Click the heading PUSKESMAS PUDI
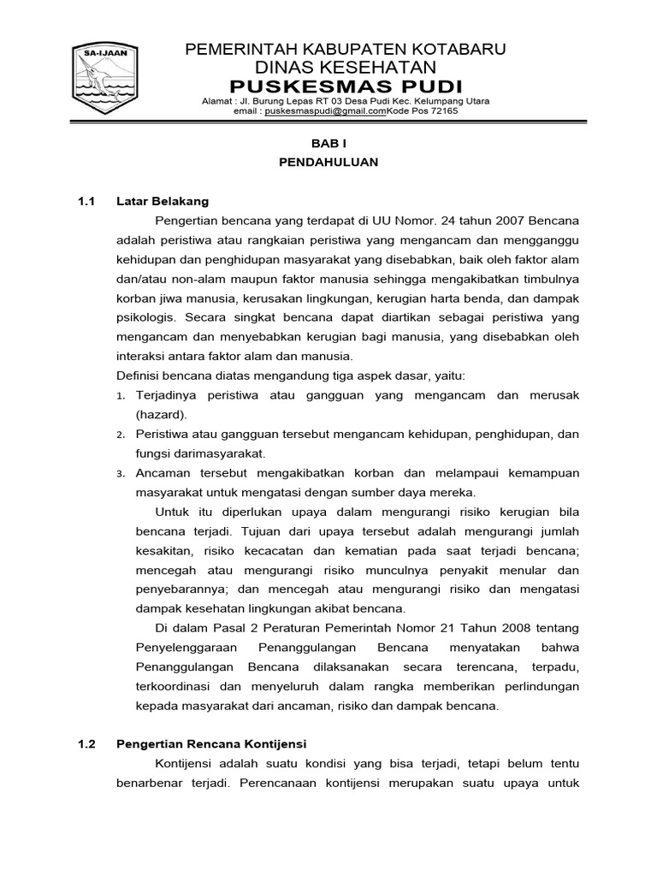coord(346,86)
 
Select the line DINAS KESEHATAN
coord(346,68)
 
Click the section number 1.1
coord(86,201)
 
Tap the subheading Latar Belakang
coord(163,201)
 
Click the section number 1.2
coord(86,743)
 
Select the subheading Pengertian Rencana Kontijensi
coord(211,743)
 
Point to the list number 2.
coord(120,435)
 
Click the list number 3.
coord(120,474)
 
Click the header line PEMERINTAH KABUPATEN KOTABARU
coord(346,50)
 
